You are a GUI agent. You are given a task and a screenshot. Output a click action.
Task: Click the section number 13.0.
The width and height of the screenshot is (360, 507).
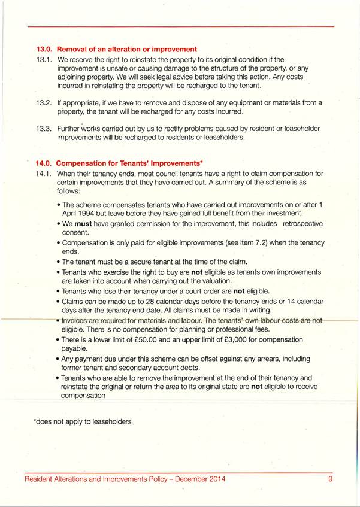coord(44,49)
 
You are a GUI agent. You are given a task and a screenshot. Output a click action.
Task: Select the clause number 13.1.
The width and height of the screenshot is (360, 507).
coord(44,60)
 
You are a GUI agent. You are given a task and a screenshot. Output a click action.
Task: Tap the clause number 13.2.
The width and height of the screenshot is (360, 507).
coord(44,103)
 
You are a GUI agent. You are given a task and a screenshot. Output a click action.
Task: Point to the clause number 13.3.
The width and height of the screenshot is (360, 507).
coord(44,129)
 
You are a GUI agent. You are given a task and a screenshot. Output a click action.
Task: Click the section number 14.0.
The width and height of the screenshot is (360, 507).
coord(44,163)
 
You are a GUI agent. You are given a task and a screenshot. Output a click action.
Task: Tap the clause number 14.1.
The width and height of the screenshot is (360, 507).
coord(44,174)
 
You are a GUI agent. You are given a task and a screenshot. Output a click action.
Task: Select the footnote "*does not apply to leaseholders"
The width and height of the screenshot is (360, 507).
coord(81,421)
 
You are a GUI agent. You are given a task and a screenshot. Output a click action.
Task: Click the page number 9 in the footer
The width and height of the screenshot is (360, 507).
coord(330,479)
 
